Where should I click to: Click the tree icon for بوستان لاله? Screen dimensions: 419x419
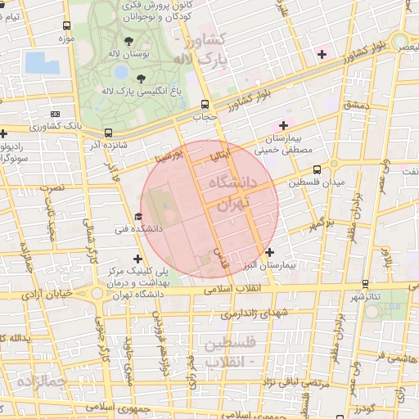click(129, 40)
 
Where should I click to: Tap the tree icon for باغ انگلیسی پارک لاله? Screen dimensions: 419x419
click(141, 79)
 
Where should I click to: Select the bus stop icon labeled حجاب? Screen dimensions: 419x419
click(205, 104)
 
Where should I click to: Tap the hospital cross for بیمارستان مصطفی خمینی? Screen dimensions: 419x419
click(284, 125)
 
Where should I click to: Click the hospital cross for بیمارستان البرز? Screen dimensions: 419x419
click(269, 253)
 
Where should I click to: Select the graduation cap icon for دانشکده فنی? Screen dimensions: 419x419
click(137, 217)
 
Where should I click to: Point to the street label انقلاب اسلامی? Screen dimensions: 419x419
click(258, 289)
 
